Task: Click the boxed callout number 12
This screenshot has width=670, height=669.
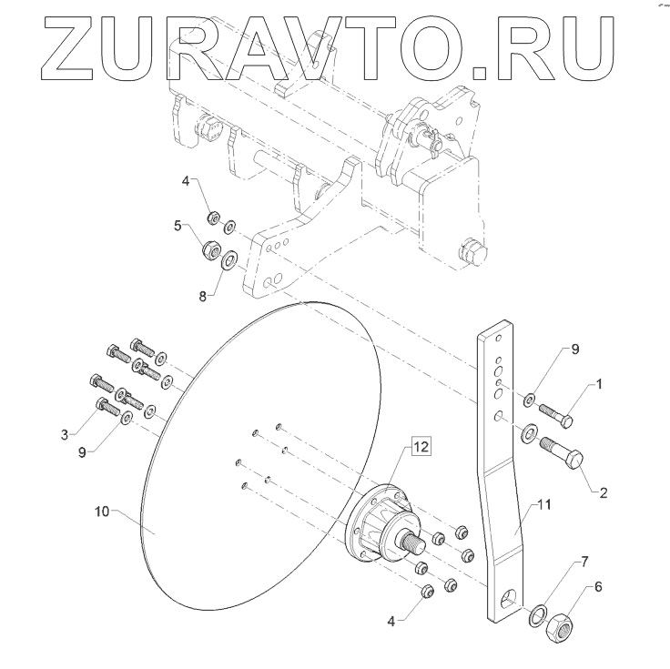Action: coord(421,447)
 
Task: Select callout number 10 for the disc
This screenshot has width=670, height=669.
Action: coord(102,511)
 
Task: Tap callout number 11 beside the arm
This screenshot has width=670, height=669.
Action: coord(543,504)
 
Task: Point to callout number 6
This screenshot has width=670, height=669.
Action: coord(598,587)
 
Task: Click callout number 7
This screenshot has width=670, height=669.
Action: coord(584,562)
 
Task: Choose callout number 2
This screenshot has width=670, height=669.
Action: coord(603,493)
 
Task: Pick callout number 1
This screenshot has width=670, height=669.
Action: coord(599,384)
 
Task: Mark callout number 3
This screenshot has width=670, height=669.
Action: coord(65,435)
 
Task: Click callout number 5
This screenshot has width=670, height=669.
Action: coord(178,225)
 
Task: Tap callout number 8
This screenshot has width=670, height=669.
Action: coord(202,296)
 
